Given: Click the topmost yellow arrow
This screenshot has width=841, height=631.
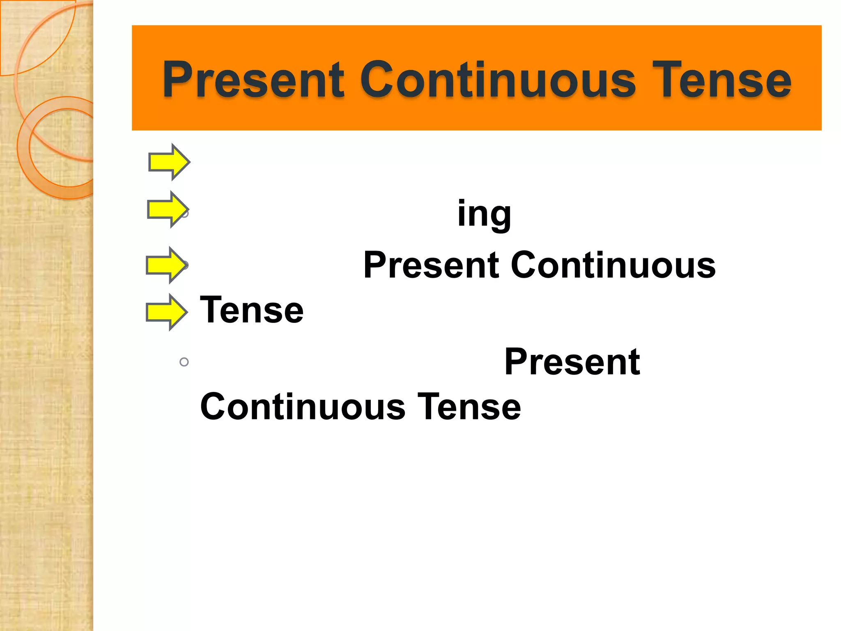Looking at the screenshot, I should pyautogui.click(x=169, y=162).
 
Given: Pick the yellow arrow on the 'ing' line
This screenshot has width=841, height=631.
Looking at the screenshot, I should pyautogui.click(x=168, y=209).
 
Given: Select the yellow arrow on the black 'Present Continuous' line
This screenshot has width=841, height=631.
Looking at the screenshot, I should pyautogui.click(x=166, y=265).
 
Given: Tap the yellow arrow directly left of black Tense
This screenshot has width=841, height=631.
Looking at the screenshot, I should pyautogui.click(x=166, y=312).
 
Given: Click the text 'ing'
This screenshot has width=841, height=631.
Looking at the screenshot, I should pyautogui.click(x=484, y=214).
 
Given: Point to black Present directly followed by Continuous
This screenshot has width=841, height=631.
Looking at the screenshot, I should pyautogui.click(x=431, y=265).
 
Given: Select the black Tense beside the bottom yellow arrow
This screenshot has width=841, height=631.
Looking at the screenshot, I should pyautogui.click(x=251, y=310).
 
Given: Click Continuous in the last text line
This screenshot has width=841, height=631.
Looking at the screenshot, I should pyautogui.click(x=303, y=407).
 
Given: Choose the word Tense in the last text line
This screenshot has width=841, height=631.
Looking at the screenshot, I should pyautogui.click(x=469, y=407).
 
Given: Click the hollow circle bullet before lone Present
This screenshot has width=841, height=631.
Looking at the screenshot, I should pyautogui.click(x=184, y=362).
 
